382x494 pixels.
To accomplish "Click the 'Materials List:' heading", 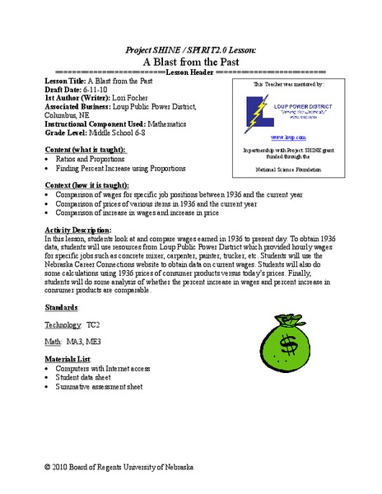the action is point(70,359).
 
